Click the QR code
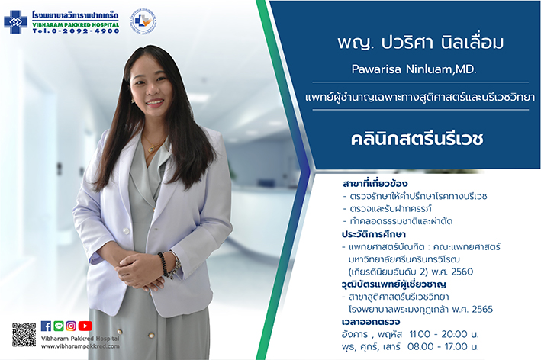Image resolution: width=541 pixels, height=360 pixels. pos(24,335)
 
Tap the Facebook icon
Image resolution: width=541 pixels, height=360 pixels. pos(46,326)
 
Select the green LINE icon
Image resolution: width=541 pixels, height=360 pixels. pos(59,326)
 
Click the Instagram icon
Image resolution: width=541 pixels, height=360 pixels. pos(71,326)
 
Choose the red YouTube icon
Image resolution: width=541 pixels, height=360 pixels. pos(85,326)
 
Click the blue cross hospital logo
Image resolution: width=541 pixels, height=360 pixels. pos(15,22)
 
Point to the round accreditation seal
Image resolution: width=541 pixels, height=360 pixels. pos(143,21)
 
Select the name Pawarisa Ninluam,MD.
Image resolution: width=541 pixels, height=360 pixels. pos(414,69)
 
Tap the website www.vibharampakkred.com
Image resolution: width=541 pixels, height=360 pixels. pos(80,346)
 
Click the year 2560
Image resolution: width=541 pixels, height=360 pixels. pos(462,272)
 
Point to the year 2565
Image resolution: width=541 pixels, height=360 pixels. pos(482,309)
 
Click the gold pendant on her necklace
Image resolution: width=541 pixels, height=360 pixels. pos(151,149)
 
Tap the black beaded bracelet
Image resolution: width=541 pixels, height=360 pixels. pos(163,263)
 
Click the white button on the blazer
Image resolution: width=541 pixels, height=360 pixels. pos(126,230)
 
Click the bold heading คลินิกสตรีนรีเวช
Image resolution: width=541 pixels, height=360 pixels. pos(417,139)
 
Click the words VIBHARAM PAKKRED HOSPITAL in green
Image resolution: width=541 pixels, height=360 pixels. pos(76,25)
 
